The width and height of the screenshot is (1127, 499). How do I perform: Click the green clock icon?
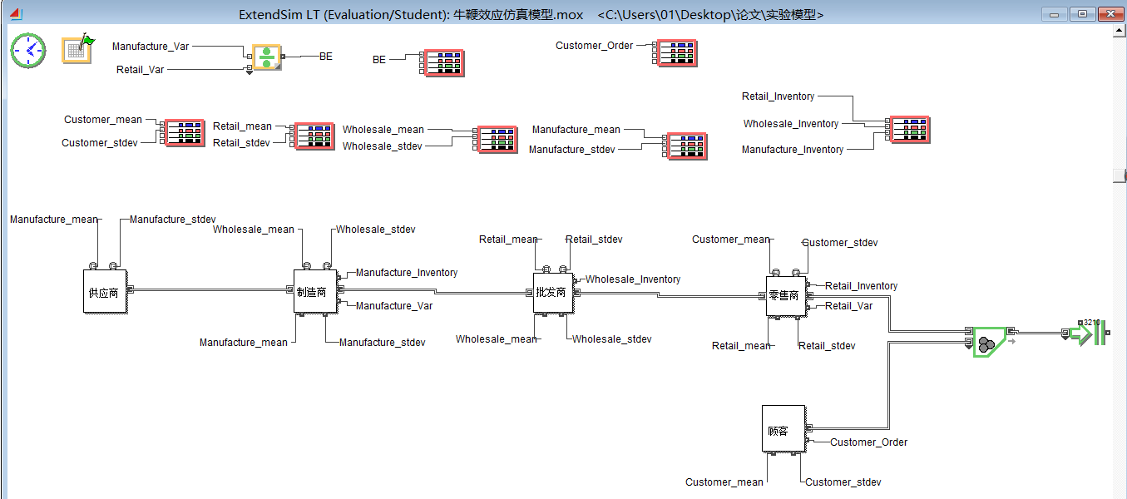tap(28, 51)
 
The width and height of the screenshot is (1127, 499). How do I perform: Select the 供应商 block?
tap(106, 291)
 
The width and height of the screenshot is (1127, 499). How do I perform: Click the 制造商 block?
tap(316, 291)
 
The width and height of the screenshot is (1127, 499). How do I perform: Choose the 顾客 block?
tap(783, 429)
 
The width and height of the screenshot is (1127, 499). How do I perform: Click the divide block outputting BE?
tap(266, 57)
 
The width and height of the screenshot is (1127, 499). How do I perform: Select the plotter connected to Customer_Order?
tap(676, 53)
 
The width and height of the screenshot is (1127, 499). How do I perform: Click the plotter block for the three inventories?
tap(909, 130)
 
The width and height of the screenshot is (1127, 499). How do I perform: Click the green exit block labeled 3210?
tap(1088, 334)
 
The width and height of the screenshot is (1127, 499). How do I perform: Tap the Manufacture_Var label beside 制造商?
tap(394, 306)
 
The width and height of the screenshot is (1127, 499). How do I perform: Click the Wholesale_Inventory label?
tap(633, 279)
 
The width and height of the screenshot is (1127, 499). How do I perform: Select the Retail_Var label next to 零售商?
tap(848, 306)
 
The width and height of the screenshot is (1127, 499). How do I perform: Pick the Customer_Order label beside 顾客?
tap(868, 442)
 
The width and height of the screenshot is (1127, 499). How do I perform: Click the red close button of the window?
tap(1110, 14)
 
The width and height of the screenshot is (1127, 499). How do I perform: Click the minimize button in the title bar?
tap(1055, 14)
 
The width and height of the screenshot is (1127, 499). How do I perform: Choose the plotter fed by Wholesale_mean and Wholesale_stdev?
tap(496, 140)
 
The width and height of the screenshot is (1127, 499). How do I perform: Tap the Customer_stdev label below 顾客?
tap(843, 482)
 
